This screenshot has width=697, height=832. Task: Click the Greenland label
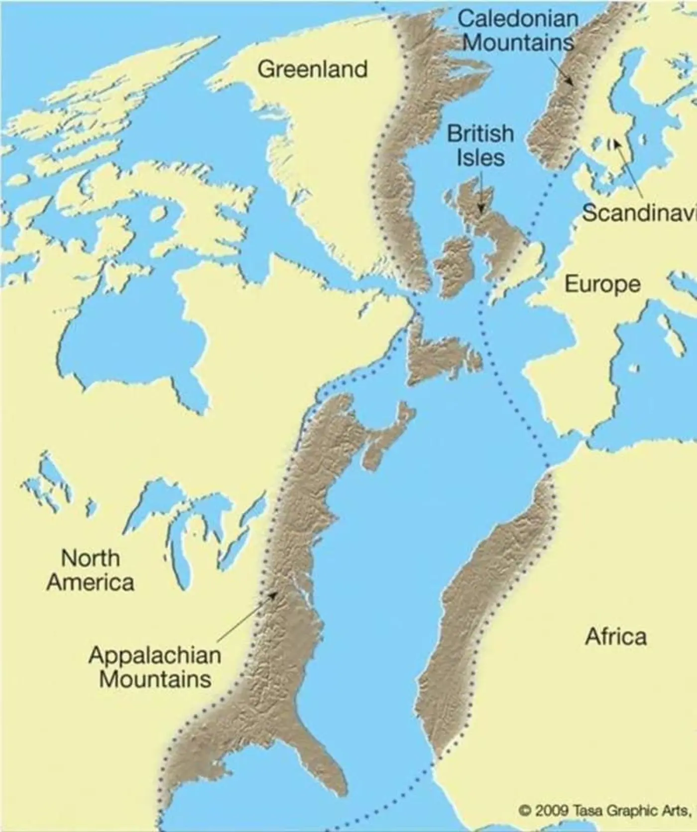click(312, 69)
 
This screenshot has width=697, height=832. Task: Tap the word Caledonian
click(518, 19)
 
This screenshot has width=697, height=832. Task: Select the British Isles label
click(480, 145)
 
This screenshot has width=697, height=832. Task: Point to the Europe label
click(602, 284)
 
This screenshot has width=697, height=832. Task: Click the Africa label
click(616, 636)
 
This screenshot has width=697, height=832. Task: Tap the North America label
click(91, 570)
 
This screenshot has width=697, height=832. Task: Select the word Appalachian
click(155, 654)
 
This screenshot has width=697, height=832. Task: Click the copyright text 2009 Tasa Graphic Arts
click(604, 810)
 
